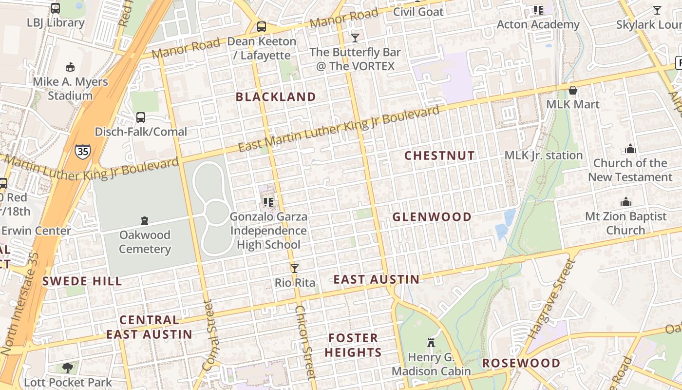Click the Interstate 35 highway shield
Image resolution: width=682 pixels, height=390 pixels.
pyautogui.click(x=83, y=151)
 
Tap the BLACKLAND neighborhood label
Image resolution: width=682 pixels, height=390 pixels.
pyautogui.click(x=276, y=97)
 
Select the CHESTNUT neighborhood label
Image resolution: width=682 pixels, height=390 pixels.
pyautogui.click(x=440, y=156)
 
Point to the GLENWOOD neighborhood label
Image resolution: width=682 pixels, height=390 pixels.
pyautogui.click(x=432, y=217)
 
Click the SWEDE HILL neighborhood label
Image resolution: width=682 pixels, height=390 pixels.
pyautogui.click(x=82, y=281)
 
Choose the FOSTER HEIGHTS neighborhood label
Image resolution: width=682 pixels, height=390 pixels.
pyautogui.click(x=353, y=345)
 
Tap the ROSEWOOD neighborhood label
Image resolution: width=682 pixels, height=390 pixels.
pyautogui.click(x=521, y=363)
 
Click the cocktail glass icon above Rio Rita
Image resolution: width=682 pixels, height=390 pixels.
pyautogui.click(x=295, y=268)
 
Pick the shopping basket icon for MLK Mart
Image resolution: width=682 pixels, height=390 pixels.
pyautogui.click(x=573, y=90)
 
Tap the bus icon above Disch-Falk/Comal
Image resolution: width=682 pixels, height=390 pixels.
pyautogui.click(x=141, y=117)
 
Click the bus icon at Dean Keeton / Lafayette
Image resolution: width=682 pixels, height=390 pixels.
pyautogui.click(x=262, y=26)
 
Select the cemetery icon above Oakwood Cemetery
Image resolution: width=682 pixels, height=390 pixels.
pyautogui.click(x=144, y=221)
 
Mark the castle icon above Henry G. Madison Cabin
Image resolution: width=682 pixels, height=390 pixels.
pyautogui.click(x=431, y=342)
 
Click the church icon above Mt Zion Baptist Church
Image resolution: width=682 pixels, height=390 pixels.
pyautogui.click(x=626, y=202)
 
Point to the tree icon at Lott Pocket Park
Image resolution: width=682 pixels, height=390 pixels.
pyautogui.click(x=68, y=368)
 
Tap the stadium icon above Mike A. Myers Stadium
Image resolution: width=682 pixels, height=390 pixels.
pyautogui.click(x=70, y=67)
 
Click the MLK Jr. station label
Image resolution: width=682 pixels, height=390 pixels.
pyautogui.click(x=544, y=156)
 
